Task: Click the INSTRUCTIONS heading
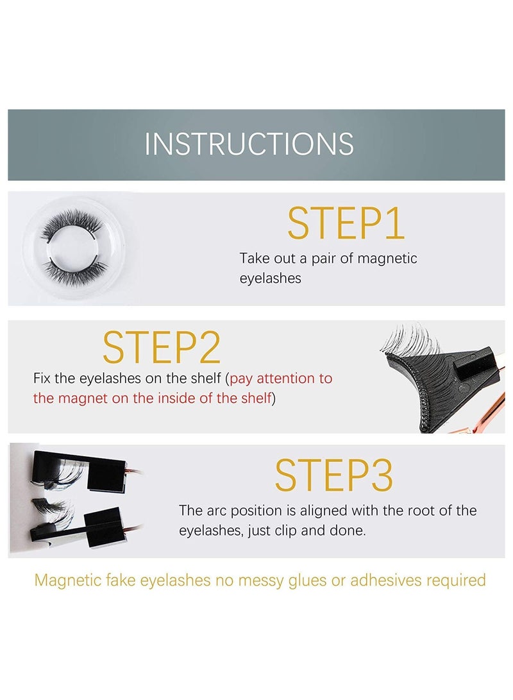tap(249, 144)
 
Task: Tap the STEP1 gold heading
tap(346, 224)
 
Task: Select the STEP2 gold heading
tap(162, 348)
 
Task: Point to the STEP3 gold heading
tap(333, 476)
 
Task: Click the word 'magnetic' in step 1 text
tap(387, 259)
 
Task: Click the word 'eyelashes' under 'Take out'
tap(270, 279)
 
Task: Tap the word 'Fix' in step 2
tap(43, 378)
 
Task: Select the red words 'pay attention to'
tap(281, 378)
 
